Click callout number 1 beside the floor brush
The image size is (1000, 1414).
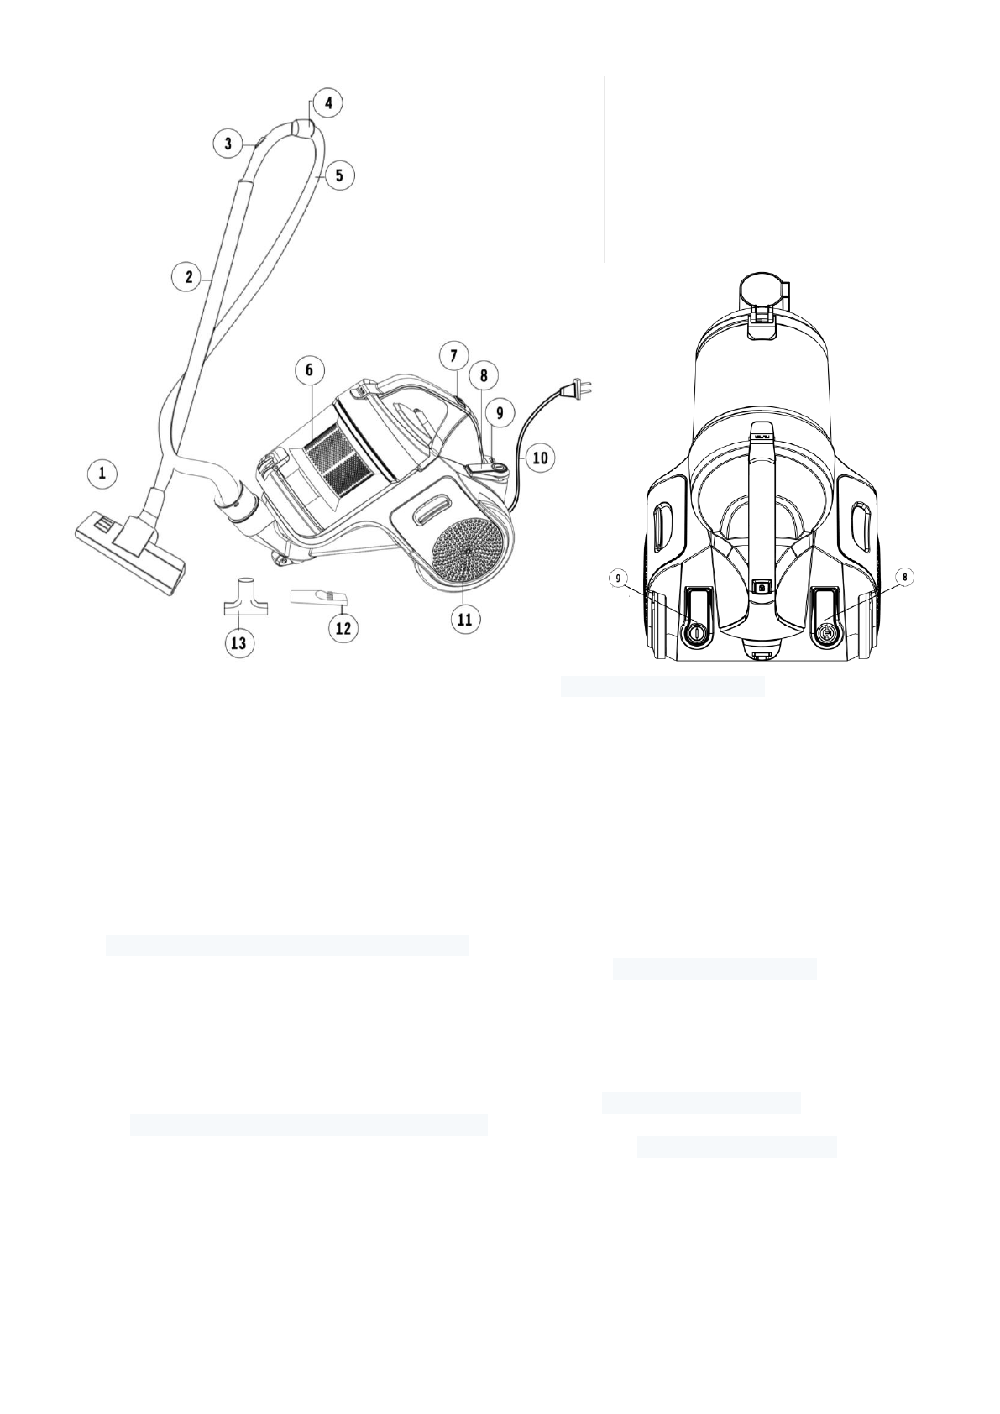pyautogui.click(x=102, y=474)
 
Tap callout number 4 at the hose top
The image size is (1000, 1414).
pyautogui.click(x=328, y=103)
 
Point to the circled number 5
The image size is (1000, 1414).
pyautogui.click(x=338, y=175)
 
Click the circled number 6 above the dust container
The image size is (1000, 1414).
pyautogui.click(x=309, y=369)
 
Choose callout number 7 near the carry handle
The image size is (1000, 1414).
pyautogui.click(x=453, y=356)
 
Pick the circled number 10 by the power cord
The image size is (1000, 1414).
pyautogui.click(x=539, y=458)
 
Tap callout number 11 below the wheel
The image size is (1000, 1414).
pyautogui.click(x=463, y=619)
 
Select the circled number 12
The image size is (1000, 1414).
pyautogui.click(x=343, y=627)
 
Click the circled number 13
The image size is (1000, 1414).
pyautogui.click(x=238, y=642)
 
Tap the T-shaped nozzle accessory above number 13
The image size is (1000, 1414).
pyautogui.click(x=243, y=595)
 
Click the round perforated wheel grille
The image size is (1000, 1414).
pyautogui.click(x=468, y=551)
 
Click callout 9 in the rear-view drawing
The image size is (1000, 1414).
pyautogui.click(x=620, y=579)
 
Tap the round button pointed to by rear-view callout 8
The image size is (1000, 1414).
pyautogui.click(x=825, y=635)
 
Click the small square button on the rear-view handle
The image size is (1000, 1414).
pyautogui.click(x=761, y=588)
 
